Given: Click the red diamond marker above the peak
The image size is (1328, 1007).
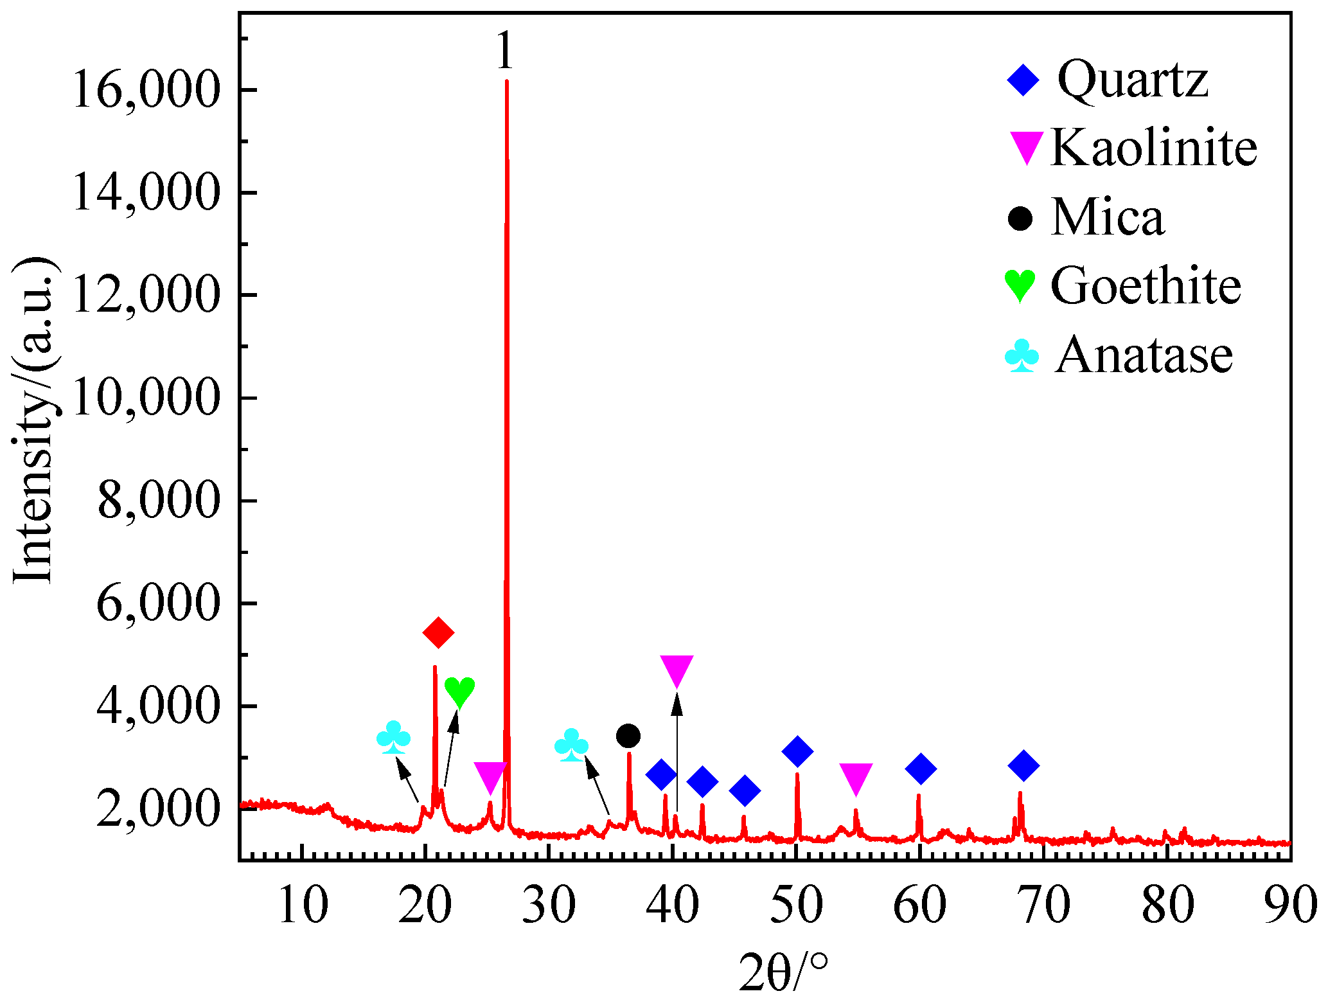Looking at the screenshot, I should click(438, 633).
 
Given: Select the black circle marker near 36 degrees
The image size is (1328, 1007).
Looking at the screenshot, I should click(628, 736).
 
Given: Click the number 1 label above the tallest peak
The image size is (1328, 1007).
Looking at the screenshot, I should click(505, 51).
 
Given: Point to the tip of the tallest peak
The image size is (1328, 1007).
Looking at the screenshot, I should click(507, 82).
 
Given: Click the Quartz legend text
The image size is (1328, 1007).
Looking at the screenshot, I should click(1133, 80).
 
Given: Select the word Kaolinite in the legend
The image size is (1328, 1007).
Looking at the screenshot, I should click(1154, 148).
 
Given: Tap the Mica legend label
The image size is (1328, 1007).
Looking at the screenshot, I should click(1108, 217).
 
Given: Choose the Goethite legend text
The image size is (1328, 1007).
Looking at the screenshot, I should click(1146, 285).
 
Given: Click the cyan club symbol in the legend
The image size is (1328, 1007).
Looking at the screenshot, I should click(1022, 357).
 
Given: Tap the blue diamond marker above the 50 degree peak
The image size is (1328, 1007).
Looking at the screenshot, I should click(797, 751).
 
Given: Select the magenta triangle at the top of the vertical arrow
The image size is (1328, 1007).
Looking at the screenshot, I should click(677, 671).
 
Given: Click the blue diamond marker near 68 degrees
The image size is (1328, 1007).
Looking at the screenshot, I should click(1023, 765).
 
